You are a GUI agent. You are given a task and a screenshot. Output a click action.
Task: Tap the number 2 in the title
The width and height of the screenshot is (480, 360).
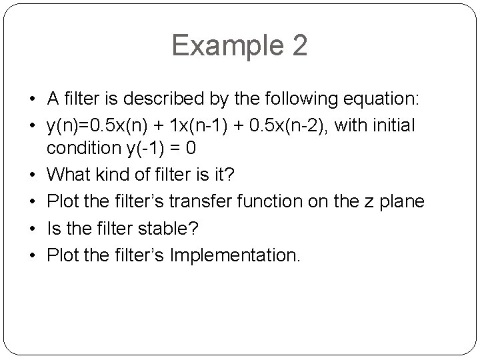tap(299, 46)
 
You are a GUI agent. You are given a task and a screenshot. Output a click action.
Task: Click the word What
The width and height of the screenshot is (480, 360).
tap(69, 176)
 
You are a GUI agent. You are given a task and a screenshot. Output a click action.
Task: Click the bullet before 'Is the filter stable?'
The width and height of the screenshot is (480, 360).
tap(33, 228)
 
